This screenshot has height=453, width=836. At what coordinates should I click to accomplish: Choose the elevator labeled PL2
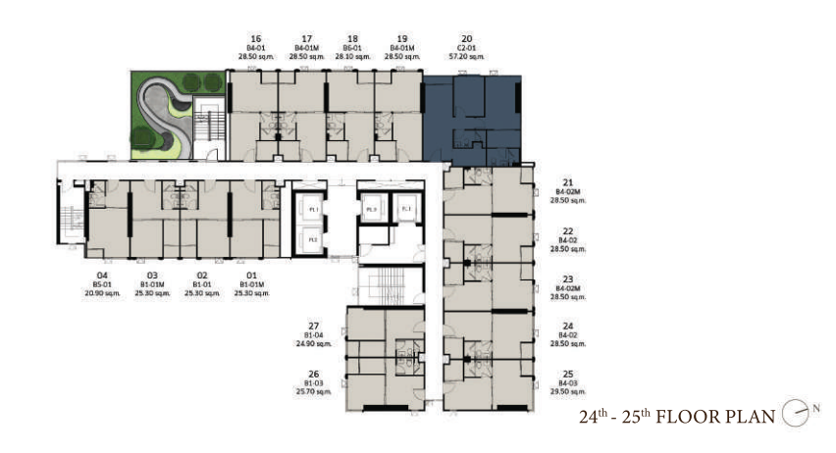tap(312, 239)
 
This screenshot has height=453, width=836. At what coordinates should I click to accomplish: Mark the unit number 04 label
tap(100, 277)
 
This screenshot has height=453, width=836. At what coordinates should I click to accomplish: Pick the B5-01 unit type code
tap(100, 285)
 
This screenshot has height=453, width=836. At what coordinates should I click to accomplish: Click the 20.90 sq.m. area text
tap(100, 293)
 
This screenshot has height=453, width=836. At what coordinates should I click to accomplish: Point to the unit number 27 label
tap(314, 326)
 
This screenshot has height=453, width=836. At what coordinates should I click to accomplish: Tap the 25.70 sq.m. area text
tap(314, 390)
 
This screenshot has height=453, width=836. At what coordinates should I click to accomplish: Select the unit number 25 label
tap(568, 374)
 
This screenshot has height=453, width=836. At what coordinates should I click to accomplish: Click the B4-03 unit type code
tap(568, 382)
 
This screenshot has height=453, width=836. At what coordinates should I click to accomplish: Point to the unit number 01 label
tap(251, 277)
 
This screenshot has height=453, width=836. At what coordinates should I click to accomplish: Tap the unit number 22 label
tap(568, 231)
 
